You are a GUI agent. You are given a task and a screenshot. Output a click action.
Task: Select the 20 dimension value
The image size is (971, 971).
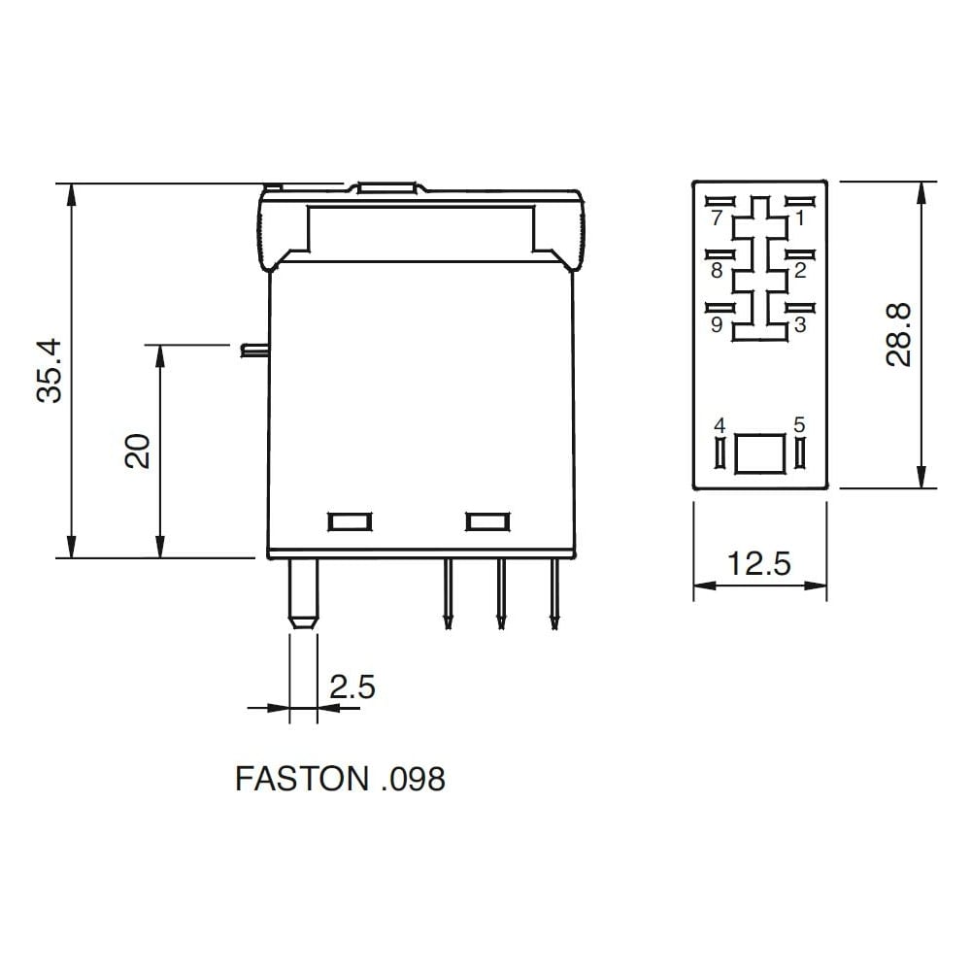click(138, 451)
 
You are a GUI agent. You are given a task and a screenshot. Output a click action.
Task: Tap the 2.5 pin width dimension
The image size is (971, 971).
click(352, 687)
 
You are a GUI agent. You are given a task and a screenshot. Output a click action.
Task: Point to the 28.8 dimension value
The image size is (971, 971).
click(899, 335)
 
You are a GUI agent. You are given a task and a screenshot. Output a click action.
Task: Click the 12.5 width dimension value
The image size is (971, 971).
click(759, 563)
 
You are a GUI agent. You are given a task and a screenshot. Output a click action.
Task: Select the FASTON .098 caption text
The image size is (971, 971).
click(340, 779)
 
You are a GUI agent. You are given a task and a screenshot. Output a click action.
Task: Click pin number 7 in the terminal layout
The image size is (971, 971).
click(718, 218)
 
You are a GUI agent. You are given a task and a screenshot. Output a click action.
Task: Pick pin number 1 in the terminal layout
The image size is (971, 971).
click(799, 218)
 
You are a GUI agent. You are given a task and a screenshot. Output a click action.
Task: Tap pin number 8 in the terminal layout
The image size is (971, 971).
click(718, 271)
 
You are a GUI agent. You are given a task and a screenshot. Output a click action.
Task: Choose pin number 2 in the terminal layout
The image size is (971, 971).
click(800, 271)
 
